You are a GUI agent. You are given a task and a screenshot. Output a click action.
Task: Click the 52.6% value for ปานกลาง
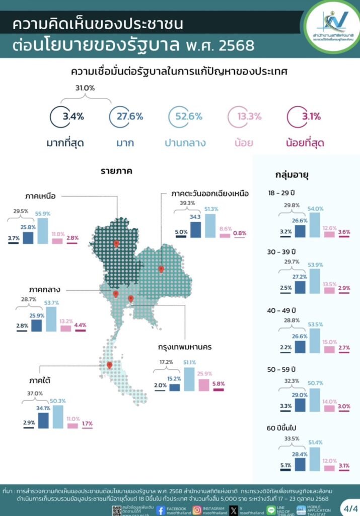click(x=186, y=116)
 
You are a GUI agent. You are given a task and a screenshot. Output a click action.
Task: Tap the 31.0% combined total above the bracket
click(x=85, y=88)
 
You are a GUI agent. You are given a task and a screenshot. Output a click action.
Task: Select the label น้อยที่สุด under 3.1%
click(x=305, y=143)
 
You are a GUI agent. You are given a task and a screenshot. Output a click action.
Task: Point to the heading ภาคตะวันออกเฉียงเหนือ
click(x=209, y=194)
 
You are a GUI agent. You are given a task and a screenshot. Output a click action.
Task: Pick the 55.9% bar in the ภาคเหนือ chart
click(x=43, y=231)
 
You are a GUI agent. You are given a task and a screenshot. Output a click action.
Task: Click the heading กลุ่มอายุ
click(x=292, y=175)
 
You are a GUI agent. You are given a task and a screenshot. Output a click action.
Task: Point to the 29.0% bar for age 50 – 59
click(x=301, y=403)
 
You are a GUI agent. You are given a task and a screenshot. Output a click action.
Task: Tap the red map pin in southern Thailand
click(x=109, y=365)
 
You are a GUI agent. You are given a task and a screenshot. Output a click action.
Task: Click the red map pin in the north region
click(x=116, y=243)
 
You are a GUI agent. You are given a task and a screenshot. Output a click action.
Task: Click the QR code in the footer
click(x=117, y=510)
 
